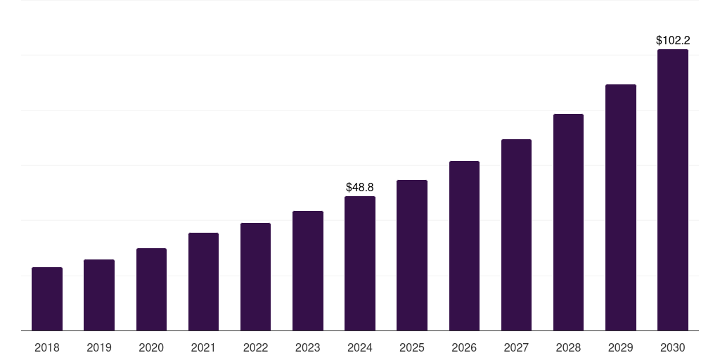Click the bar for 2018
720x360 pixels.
[x=47, y=299]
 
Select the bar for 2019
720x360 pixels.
[x=99, y=295]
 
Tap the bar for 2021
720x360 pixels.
[x=203, y=281]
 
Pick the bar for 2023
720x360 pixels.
[x=308, y=271]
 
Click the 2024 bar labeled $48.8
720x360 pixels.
[x=360, y=264]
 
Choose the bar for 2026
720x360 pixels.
[x=464, y=246]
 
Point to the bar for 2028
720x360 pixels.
[x=568, y=222]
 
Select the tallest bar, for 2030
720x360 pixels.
[x=673, y=190]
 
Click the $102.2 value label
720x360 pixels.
[x=673, y=41]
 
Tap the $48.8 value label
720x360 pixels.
[x=360, y=188]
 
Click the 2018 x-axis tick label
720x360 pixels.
[x=47, y=347]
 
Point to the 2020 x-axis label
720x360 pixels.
[x=151, y=347]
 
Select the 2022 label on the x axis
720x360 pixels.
[x=255, y=347]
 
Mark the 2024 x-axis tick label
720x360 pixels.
[x=360, y=347]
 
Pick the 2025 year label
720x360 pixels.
[x=412, y=347]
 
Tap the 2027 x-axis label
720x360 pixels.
[x=516, y=347]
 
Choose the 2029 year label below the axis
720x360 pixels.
[x=620, y=347]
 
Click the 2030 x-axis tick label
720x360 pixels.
[x=673, y=347]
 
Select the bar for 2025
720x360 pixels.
[x=412, y=255]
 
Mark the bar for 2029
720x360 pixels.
[x=620, y=207]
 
